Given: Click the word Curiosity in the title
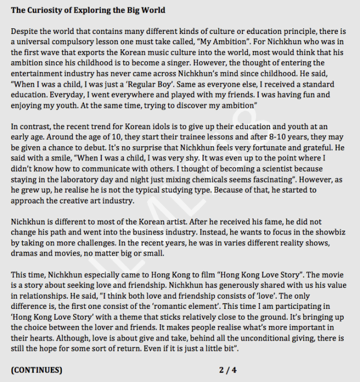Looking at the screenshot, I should [46, 10].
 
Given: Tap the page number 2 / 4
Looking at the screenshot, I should [228, 370].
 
